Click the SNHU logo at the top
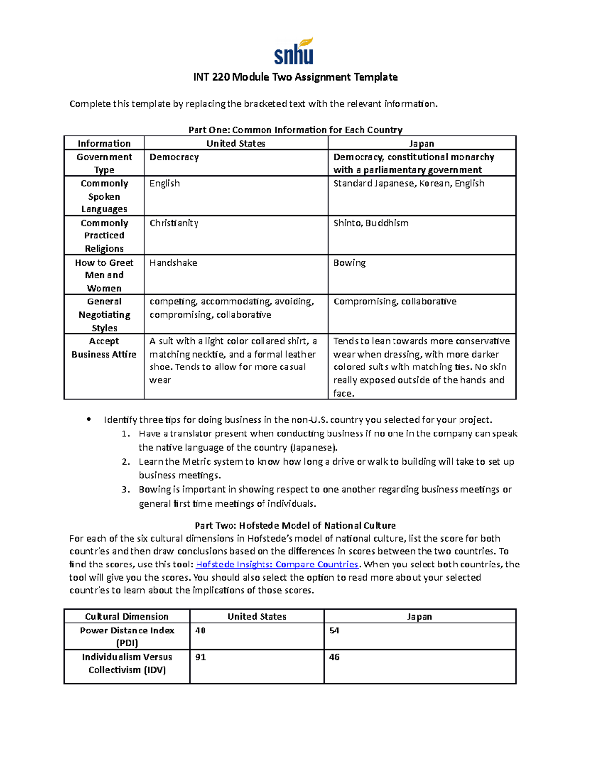pos(294,52)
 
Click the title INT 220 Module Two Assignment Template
pos(295,77)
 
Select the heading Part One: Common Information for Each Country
pos(295,130)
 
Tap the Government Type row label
pos(104,163)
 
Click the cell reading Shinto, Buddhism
pos(371,223)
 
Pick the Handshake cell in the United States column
pos(173,263)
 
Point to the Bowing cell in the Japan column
pos(350,263)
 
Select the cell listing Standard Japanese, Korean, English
pos(409,183)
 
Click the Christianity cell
pos(174,223)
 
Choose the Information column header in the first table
pos(104,143)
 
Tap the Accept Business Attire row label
pos(104,348)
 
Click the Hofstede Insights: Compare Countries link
pos(277,565)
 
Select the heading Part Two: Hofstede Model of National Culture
pos(295,525)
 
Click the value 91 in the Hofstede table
pos(200,657)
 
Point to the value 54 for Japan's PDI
pos(334,631)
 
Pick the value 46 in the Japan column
pos(334,657)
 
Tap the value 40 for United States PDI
pos(200,631)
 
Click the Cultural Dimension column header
pos(127,616)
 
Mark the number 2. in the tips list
pos(126,462)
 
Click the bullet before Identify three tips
pos(89,420)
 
